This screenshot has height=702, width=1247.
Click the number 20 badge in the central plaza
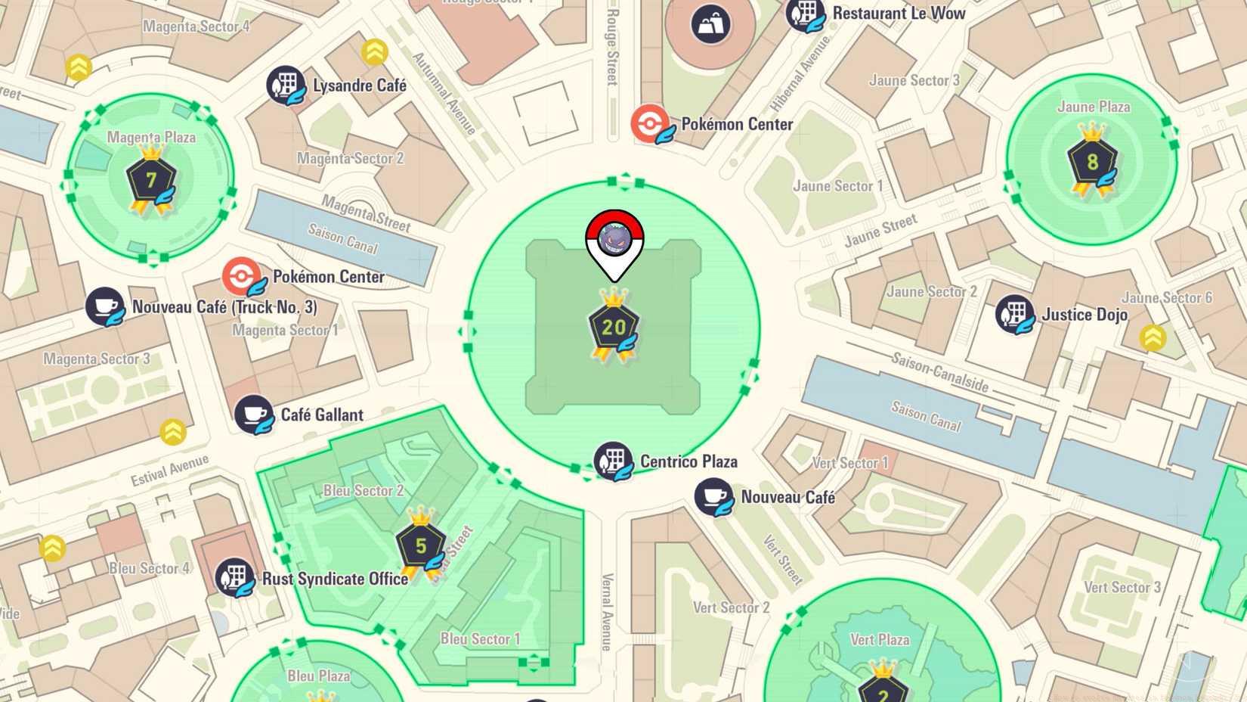click(613, 328)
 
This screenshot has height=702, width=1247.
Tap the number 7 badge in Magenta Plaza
click(151, 180)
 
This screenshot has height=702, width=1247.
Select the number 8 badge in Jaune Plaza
click(1092, 162)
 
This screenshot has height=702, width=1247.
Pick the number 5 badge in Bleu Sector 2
click(421, 545)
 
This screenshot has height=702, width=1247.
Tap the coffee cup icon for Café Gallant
click(253, 415)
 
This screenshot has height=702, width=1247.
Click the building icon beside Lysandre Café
click(286, 85)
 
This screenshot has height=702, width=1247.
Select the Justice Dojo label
click(1084, 315)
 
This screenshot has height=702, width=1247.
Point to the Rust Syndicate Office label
click(335, 579)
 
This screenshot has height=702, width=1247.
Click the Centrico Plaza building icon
click(612, 461)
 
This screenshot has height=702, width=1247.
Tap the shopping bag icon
click(710, 24)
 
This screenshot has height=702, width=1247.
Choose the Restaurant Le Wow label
click(899, 13)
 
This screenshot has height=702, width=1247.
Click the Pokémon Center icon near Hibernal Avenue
click(650, 123)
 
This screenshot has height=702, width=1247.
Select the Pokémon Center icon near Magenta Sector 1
click(242, 276)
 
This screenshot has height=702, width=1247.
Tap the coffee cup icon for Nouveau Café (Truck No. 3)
click(104, 306)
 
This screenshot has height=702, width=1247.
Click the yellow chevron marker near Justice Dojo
click(1153, 337)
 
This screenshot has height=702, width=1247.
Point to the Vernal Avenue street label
click(606, 612)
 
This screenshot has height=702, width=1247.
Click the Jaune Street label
click(880, 230)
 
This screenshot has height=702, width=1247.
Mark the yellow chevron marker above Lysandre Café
click(374, 52)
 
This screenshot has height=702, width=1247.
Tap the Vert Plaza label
click(880, 639)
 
